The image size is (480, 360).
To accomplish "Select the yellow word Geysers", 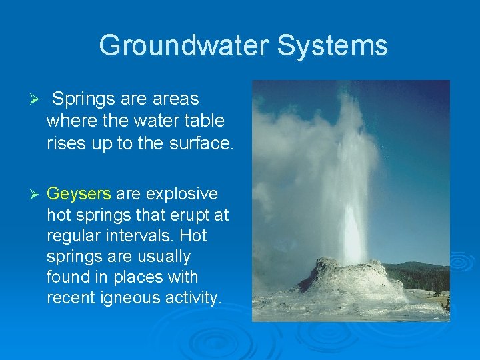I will (79, 194).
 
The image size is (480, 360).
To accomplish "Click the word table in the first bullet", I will (205, 121).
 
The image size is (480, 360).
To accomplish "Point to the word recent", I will (70, 297).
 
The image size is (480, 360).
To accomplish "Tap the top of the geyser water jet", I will (347, 100).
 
